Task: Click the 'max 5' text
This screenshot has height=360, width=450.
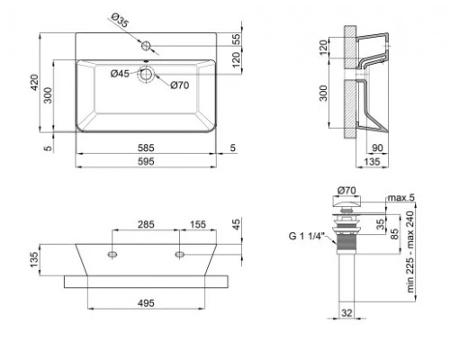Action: (x=399, y=197)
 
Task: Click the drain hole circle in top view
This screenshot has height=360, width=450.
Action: (x=144, y=76)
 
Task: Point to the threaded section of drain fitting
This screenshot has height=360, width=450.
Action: (x=346, y=238)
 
